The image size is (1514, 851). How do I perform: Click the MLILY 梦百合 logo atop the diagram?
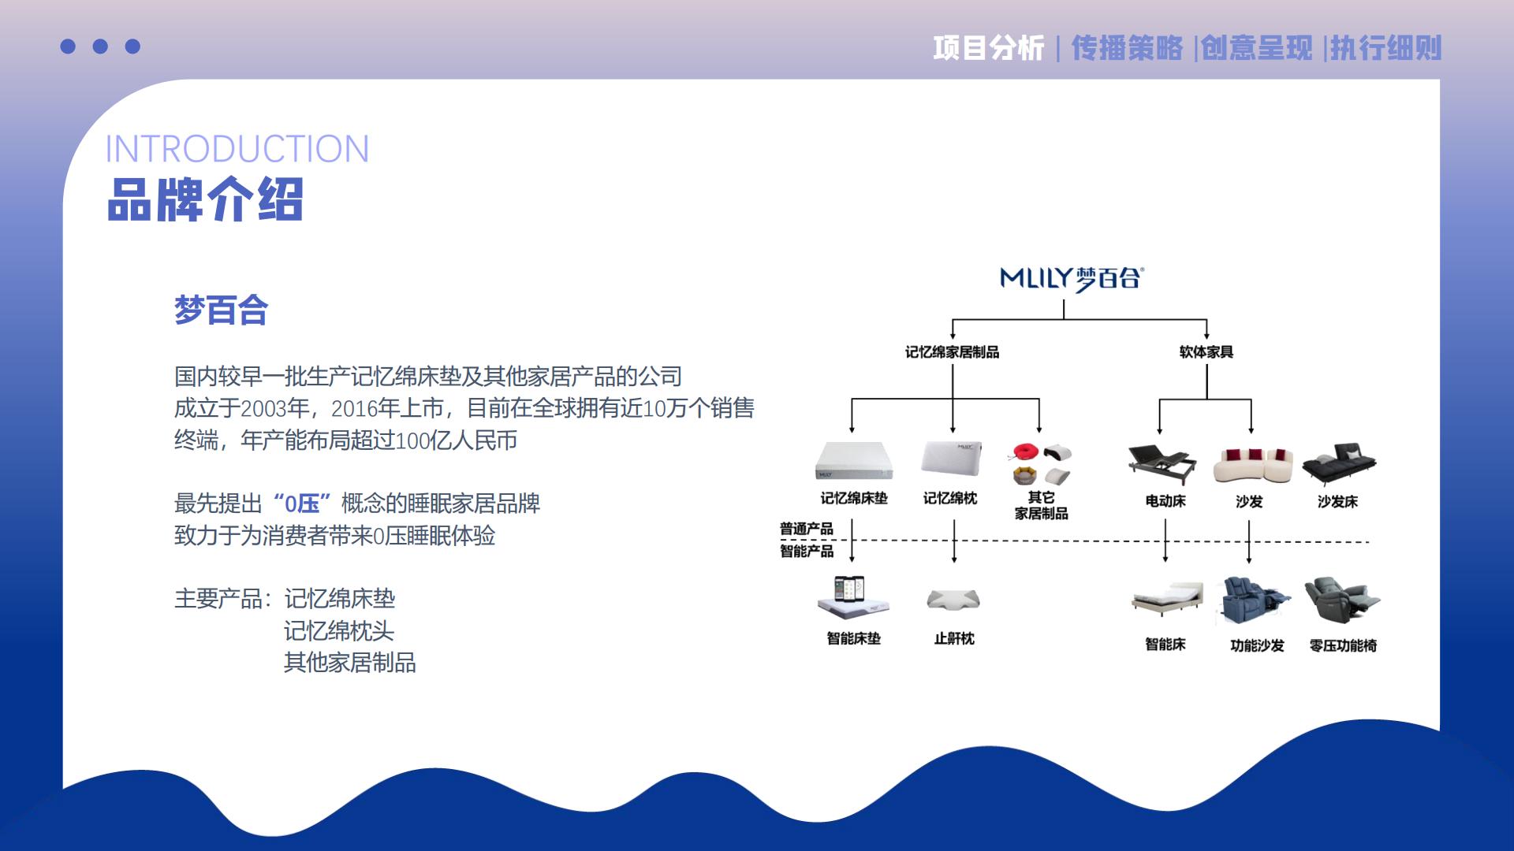coord(1071,278)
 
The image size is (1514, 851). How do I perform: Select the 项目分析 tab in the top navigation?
coord(988,48)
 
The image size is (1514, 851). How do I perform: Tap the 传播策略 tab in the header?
coord(1127,48)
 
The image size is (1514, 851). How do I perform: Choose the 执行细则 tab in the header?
coord(1386,48)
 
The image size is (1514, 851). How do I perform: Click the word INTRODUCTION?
coord(237,149)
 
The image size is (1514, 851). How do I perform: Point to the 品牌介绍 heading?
coord(205,199)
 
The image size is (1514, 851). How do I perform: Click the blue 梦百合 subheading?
coord(221,310)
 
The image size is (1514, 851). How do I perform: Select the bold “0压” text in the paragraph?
coord(302,503)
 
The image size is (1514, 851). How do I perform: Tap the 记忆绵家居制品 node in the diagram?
coord(952,352)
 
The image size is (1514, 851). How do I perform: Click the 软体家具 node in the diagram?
coord(1206,352)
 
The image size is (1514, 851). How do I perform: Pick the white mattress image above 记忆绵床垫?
coord(854,460)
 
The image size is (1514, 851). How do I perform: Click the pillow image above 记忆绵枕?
coord(952,459)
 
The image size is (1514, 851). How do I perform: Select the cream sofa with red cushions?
coord(1253,465)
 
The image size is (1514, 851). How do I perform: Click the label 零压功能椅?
coord(1343,645)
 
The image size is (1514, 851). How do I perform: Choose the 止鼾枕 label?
coord(954,638)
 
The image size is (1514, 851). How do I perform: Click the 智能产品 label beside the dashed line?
coord(807,551)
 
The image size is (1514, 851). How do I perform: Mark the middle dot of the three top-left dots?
coord(100,46)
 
